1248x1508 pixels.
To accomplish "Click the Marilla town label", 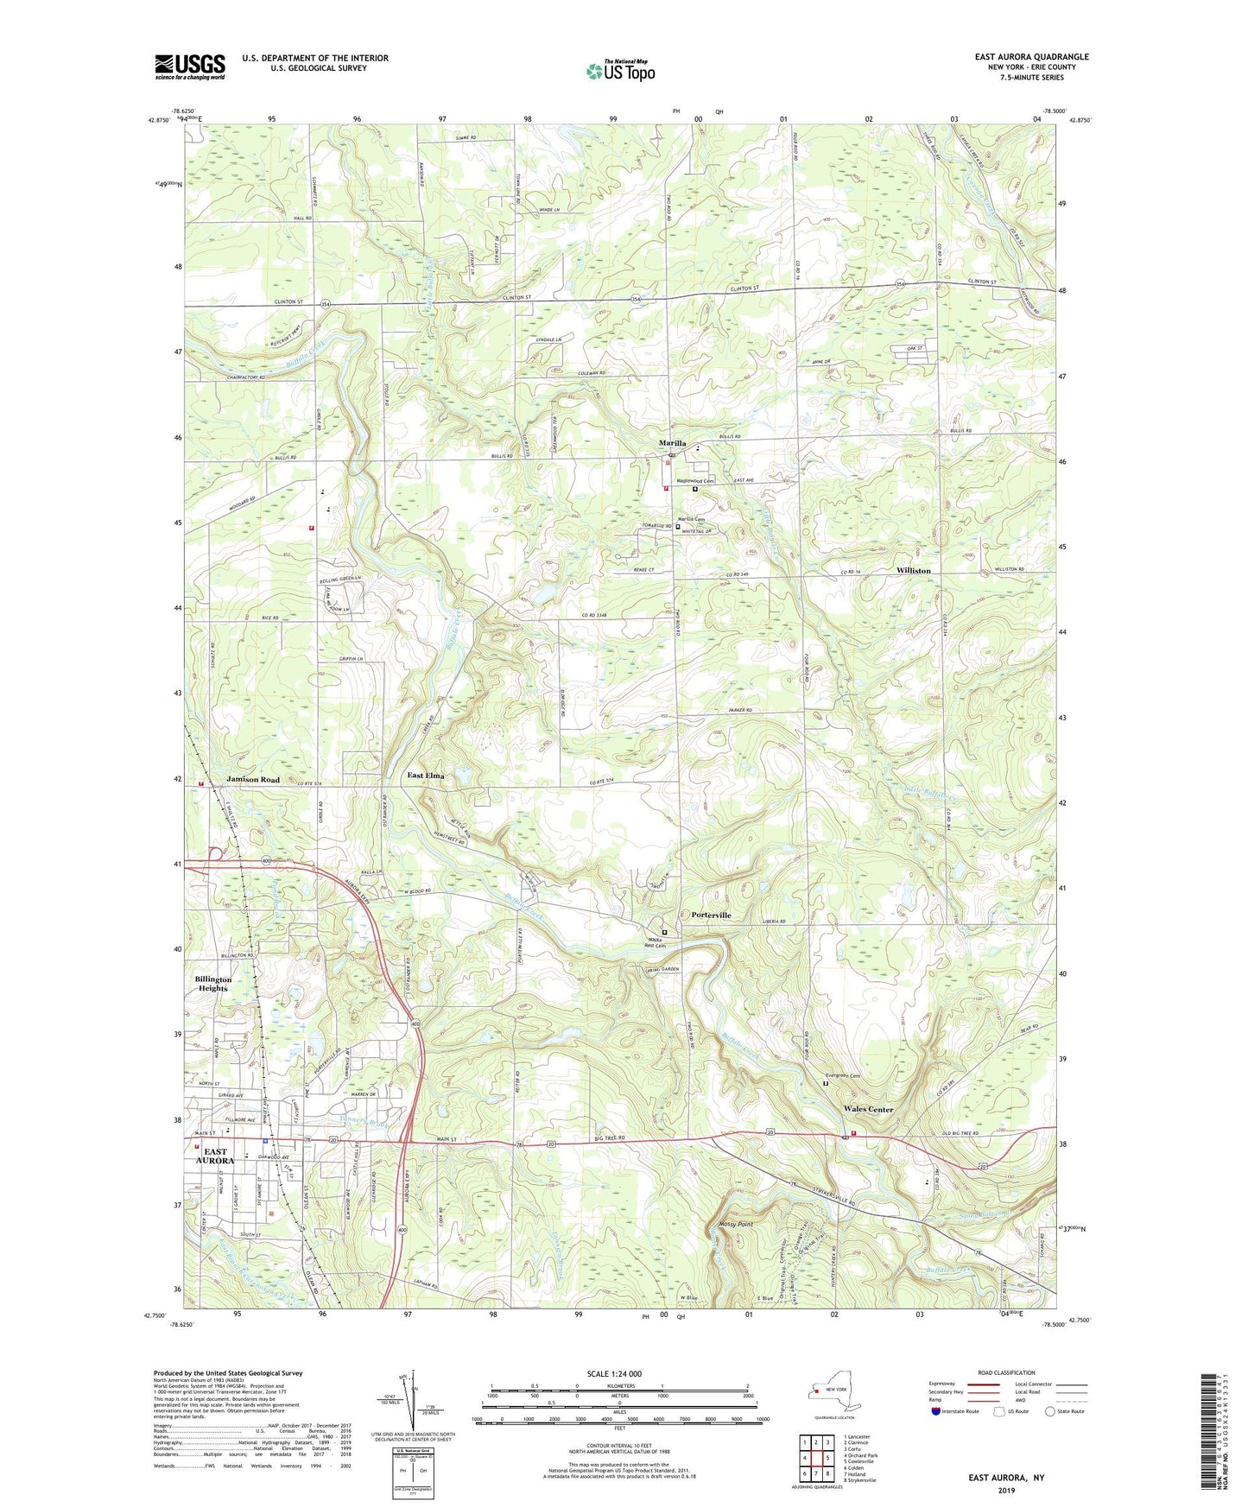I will [x=672, y=443].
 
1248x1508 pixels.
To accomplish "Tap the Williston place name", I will [x=913, y=571].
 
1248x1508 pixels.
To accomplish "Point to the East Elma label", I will [x=426, y=776].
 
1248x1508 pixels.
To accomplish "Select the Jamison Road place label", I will [x=253, y=779].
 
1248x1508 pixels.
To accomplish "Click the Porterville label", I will [x=711, y=915].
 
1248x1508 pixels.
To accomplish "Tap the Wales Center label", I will [x=868, y=1109].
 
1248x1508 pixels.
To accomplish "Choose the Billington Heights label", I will [x=213, y=984].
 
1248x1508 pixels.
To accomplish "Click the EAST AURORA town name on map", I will [x=215, y=1156].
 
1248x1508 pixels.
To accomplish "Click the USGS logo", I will [x=190, y=67].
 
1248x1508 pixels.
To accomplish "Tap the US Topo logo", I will [x=620, y=70].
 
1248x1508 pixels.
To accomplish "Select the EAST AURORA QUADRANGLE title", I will [x=1031, y=57].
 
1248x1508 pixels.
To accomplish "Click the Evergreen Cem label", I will [x=844, y=1076].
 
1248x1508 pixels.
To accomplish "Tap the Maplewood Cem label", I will [x=695, y=481].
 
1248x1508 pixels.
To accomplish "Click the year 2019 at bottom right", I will [x=1006, y=1490].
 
